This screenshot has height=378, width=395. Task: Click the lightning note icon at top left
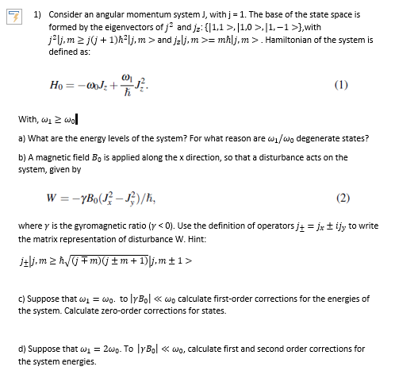[x=11, y=15]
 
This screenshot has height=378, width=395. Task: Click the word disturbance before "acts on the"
[x=278, y=157]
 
